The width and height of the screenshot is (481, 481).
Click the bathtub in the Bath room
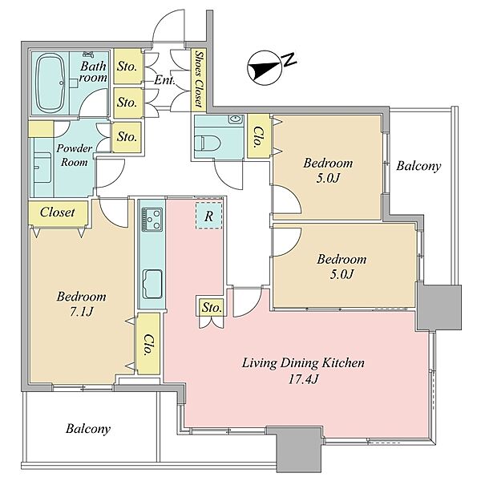tap(51, 83)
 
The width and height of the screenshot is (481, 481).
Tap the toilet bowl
tap(210, 143)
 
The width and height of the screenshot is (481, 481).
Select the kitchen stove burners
tap(152, 219)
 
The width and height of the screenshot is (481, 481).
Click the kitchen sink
tap(152, 284)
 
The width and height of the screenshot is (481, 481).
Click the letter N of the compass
tap(289, 59)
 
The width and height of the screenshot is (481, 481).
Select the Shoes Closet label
tap(200, 79)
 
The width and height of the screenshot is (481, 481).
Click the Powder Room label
tap(74, 156)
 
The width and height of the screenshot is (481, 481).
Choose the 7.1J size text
tap(81, 312)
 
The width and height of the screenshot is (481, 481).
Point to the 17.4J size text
tap(303, 379)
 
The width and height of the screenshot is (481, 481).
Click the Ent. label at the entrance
tap(164, 80)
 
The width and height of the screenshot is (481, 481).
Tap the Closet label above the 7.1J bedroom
tap(58, 212)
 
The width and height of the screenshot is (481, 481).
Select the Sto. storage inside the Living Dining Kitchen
tap(212, 307)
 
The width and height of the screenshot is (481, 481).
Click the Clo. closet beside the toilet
tap(258, 136)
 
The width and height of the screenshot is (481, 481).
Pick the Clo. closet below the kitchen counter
tap(148, 344)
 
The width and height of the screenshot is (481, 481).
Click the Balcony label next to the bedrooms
tap(418, 166)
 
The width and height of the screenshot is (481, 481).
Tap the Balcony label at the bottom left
tap(88, 429)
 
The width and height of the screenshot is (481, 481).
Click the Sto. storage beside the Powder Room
tap(127, 137)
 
